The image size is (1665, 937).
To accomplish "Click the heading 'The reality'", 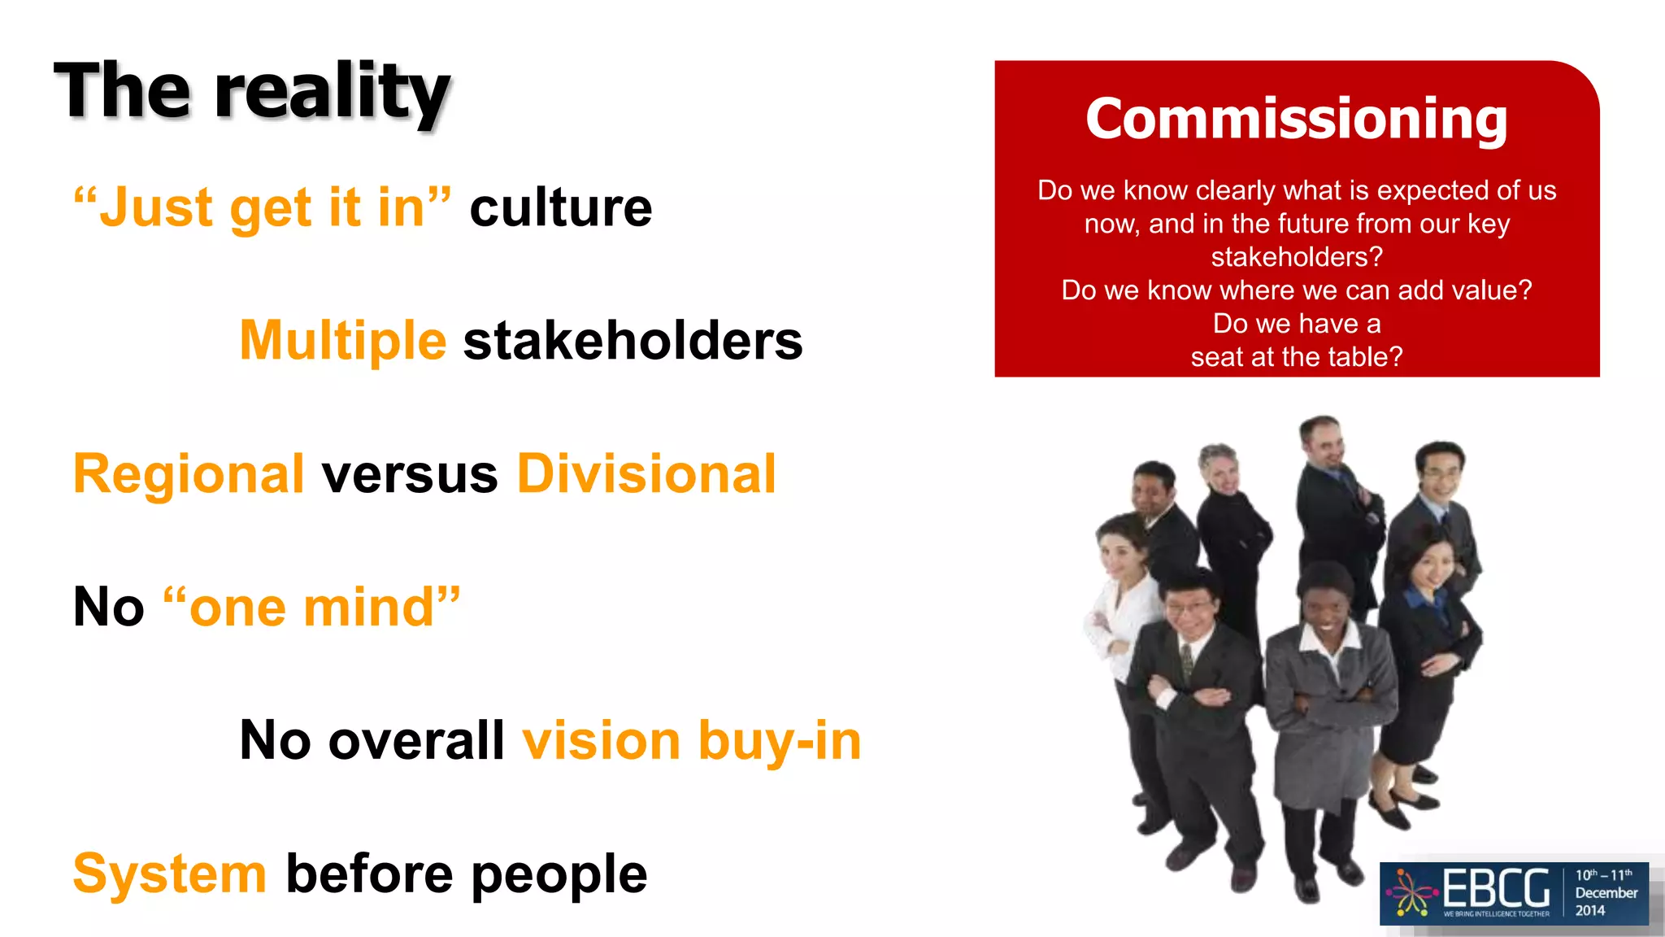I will click(252, 91).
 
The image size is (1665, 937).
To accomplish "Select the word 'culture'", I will click(561, 208).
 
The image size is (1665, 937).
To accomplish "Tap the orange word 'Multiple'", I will click(343, 340).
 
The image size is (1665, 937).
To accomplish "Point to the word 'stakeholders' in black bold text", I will click(633, 340).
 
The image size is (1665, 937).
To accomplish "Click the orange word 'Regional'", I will click(189, 473).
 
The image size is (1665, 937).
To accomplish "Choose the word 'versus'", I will click(410, 473).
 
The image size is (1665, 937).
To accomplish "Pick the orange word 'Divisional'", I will click(646, 473).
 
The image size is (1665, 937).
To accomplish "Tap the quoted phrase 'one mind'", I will click(312, 607).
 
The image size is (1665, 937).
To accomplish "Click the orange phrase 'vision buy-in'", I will click(691, 740).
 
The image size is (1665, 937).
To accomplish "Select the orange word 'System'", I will click(170, 874).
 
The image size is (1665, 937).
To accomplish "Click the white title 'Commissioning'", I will click(1297, 119).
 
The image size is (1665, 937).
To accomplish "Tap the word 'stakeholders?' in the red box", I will click(1297, 257).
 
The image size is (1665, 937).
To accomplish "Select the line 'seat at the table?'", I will click(1297, 357).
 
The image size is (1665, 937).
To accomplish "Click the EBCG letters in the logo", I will click(1496, 888).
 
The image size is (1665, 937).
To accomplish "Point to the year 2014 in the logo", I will click(1590, 911).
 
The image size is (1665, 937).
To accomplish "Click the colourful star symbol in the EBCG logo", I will click(1412, 893).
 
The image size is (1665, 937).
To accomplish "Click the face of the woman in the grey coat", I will click(1325, 606).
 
